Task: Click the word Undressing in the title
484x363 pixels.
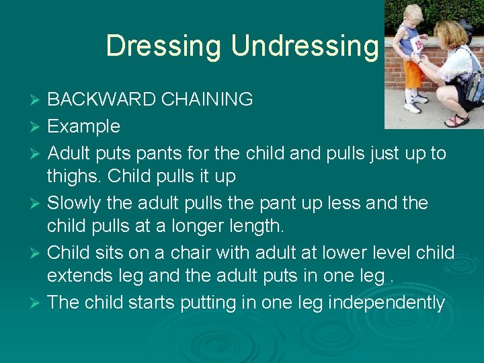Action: (305, 46)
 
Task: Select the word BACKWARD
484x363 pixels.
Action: (100, 100)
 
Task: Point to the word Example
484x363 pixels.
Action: (83, 126)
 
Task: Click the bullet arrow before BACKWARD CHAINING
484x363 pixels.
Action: (36, 101)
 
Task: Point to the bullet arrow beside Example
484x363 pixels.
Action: (36, 127)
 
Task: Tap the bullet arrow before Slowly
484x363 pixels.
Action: (36, 203)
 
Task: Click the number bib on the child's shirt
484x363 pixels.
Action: (417, 45)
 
